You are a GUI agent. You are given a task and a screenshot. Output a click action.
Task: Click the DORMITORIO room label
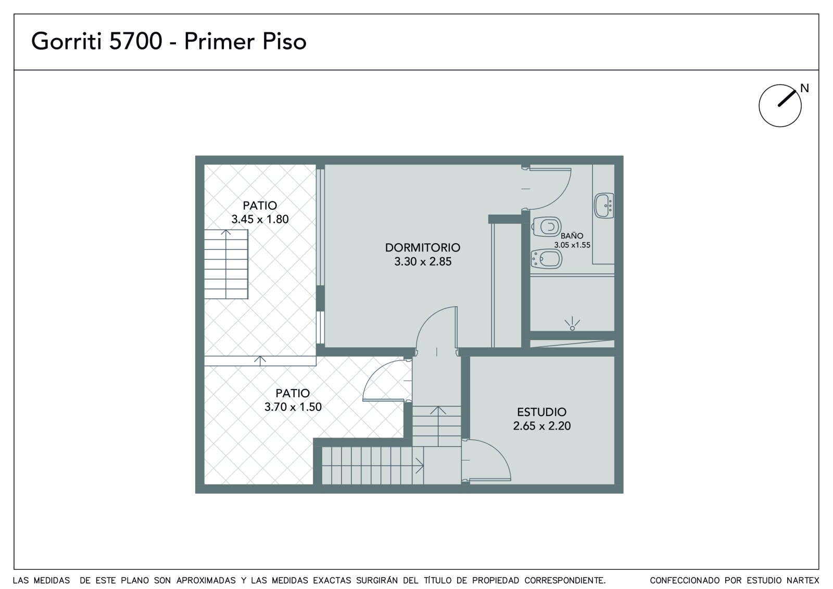pyautogui.click(x=422, y=247)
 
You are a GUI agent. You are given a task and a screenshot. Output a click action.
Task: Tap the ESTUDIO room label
pyautogui.click(x=542, y=412)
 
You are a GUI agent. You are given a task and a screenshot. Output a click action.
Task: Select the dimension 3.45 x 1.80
pyautogui.click(x=260, y=219)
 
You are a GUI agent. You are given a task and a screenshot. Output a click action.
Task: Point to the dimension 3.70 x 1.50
pyautogui.click(x=293, y=407)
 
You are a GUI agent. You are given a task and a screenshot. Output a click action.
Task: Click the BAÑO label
pyautogui.click(x=572, y=235)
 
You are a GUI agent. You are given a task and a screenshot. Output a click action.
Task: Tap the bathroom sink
pyautogui.click(x=604, y=205)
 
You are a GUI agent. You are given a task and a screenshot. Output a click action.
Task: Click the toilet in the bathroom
pyautogui.click(x=547, y=227)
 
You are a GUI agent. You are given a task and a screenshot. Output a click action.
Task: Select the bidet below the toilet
pyautogui.click(x=546, y=259)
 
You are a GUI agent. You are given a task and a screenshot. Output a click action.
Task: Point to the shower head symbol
pyautogui.click(x=572, y=324)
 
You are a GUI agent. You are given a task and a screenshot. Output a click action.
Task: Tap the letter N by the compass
pyautogui.click(x=804, y=88)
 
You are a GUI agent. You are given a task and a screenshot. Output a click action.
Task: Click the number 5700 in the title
pyautogui.click(x=135, y=41)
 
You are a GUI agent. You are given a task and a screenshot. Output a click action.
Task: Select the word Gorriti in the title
pyautogui.click(x=66, y=41)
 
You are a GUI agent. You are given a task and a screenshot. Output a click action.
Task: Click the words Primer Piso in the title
pyautogui.click(x=245, y=41)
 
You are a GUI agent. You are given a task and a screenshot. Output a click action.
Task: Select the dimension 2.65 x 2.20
pyautogui.click(x=542, y=425)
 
